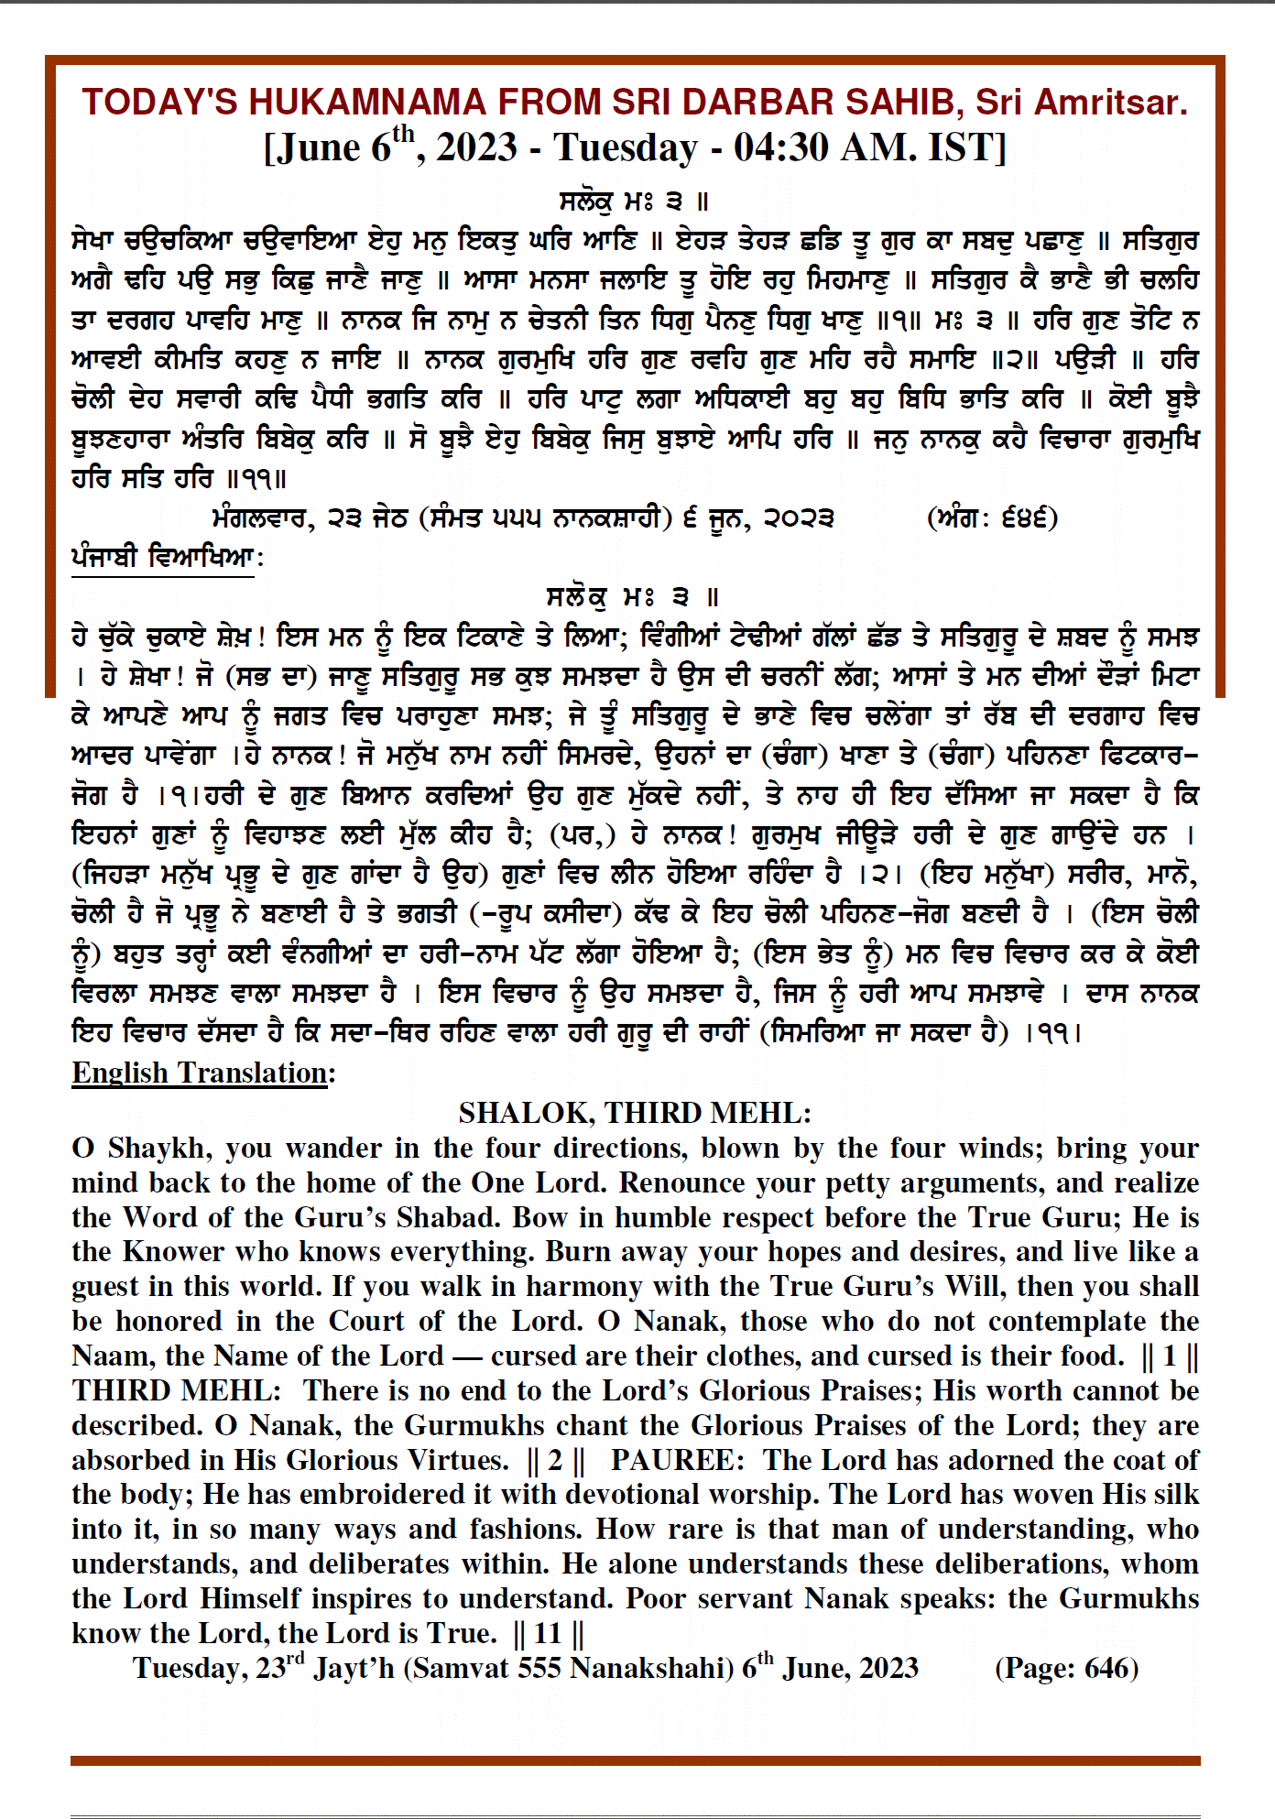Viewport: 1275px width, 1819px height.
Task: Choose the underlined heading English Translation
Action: coord(202,1073)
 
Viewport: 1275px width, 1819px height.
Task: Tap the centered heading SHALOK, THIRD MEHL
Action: coord(635,1112)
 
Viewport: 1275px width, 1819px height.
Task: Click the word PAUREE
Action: coord(673,1459)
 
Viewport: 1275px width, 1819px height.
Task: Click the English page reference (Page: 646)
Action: coord(1066,1668)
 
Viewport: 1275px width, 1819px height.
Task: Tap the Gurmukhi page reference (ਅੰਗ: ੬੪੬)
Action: coord(992,518)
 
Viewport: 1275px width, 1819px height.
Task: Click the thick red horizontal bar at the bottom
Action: coord(635,1759)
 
